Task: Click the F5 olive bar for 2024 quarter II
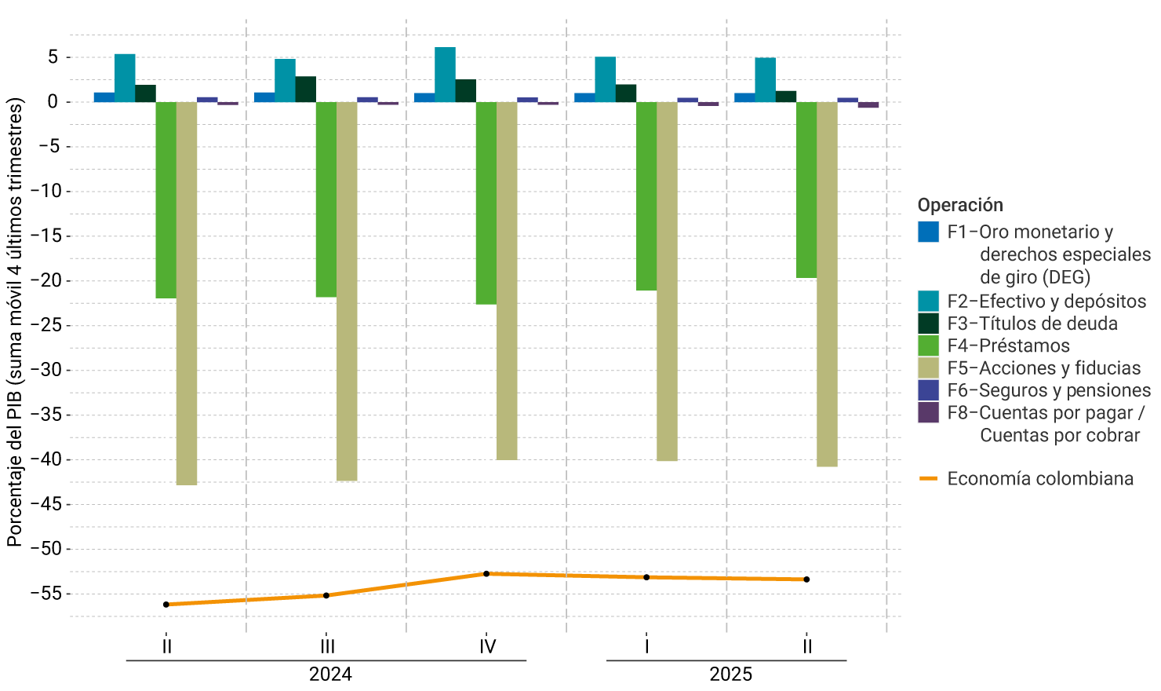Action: [187, 293]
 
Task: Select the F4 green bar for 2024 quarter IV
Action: [486, 203]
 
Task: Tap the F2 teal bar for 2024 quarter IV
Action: [445, 75]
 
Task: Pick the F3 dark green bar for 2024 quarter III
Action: [306, 89]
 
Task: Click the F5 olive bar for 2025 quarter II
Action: [827, 283]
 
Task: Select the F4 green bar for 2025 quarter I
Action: [646, 196]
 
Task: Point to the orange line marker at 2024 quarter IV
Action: [486, 574]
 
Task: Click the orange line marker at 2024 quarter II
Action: [166, 605]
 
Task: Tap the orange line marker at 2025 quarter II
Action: [806, 579]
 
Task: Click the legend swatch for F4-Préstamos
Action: [928, 345]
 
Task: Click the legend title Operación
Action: [960, 205]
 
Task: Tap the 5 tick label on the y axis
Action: [53, 57]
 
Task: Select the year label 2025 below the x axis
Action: [730, 675]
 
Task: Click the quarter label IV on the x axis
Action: [487, 646]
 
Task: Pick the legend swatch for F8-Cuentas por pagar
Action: [928, 413]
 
